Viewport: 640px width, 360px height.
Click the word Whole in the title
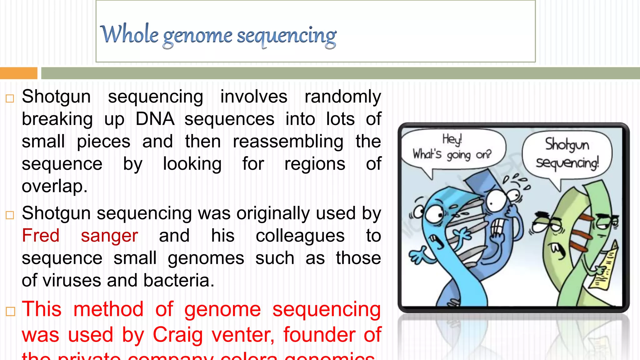tap(129, 34)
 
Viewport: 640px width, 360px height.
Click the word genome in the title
tap(197, 36)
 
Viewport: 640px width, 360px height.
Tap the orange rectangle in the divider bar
tap(18, 73)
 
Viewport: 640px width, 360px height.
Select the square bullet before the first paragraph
tap(10, 98)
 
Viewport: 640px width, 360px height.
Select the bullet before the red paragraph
tap(10, 311)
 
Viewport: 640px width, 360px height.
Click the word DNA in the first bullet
tap(155, 119)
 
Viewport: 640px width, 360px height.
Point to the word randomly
tap(342, 97)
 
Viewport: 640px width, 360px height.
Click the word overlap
tap(54, 187)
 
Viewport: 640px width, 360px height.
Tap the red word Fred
tap(41, 236)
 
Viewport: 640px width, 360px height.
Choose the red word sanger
tap(109, 236)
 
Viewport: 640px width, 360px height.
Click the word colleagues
tap(300, 236)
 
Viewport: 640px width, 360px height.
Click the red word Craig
tap(177, 335)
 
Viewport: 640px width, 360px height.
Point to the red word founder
tap(319, 335)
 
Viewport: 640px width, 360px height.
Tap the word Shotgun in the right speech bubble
tap(567, 145)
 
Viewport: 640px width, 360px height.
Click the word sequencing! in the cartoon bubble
tap(567, 163)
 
